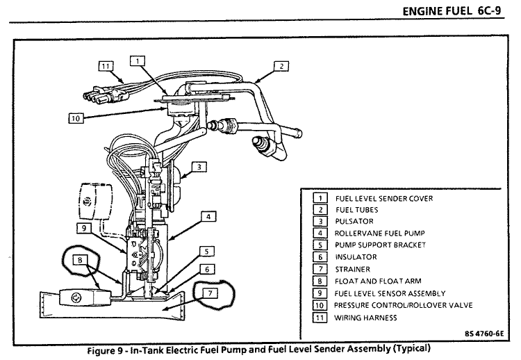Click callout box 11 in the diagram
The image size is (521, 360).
(x=106, y=66)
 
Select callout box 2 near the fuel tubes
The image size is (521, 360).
(x=281, y=66)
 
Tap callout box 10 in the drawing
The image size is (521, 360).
(x=76, y=118)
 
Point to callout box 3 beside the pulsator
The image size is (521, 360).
(x=199, y=167)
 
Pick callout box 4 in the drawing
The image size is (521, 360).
(x=208, y=217)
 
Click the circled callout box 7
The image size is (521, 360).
(x=210, y=293)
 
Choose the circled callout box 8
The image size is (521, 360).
(x=80, y=260)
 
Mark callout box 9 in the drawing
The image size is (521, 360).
(x=84, y=228)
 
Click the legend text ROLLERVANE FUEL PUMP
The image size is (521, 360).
(x=380, y=233)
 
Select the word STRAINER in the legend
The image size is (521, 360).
(x=352, y=269)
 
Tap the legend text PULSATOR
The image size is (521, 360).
(x=354, y=221)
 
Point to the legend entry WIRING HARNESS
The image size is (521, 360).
(x=365, y=318)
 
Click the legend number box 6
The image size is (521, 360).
(x=320, y=257)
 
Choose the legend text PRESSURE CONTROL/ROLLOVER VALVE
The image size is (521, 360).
(x=404, y=305)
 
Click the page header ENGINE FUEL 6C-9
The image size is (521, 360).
(x=452, y=11)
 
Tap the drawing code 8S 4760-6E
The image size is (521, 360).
(x=484, y=334)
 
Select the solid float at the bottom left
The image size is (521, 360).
(x=85, y=297)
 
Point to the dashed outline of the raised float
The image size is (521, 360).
(x=95, y=201)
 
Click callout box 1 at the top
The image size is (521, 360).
(x=138, y=61)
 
